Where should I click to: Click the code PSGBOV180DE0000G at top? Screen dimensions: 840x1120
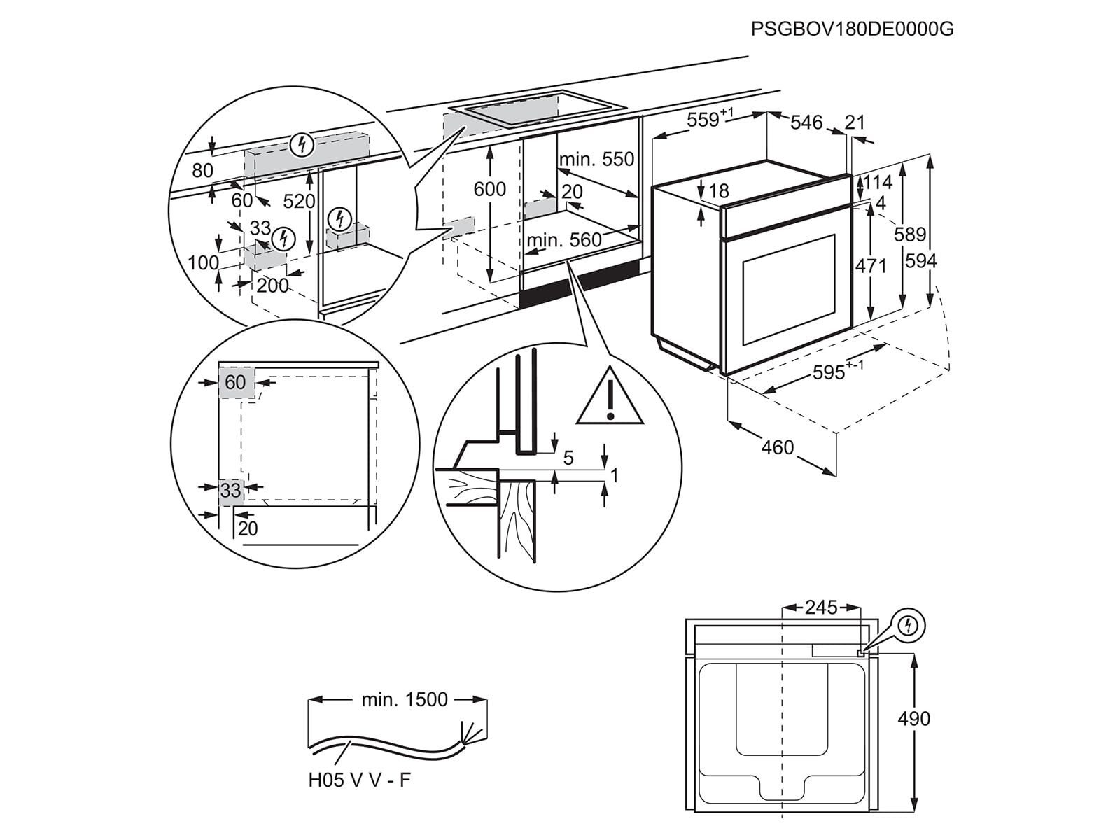click(852, 29)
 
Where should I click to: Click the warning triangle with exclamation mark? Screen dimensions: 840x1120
click(609, 400)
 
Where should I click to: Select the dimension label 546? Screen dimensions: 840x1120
click(806, 122)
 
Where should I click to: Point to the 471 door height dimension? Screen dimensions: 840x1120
click(871, 266)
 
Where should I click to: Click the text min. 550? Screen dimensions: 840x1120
click(596, 159)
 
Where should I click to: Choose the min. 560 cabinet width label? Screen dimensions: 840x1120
click(564, 240)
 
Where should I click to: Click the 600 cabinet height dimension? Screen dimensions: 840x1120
click(490, 189)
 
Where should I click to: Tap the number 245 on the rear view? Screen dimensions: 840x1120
click(820, 608)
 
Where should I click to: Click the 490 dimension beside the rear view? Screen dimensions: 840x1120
click(914, 719)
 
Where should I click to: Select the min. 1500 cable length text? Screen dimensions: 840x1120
click(405, 699)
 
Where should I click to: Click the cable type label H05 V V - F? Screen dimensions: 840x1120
click(360, 780)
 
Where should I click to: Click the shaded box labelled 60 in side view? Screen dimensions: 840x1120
click(235, 382)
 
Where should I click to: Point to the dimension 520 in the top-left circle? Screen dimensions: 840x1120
click(300, 202)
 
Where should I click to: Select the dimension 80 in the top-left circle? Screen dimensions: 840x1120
click(202, 170)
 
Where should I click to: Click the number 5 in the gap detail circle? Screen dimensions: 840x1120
click(568, 458)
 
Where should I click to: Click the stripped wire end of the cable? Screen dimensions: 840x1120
click(468, 734)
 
